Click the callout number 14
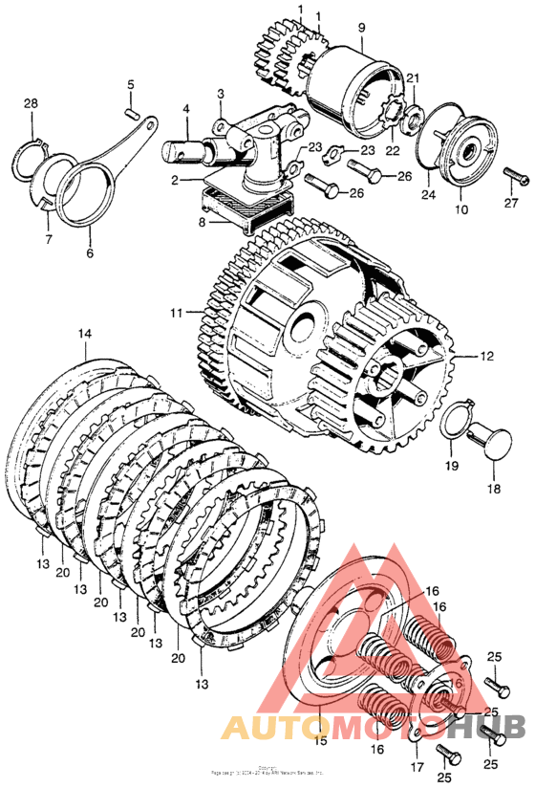[x=85, y=334]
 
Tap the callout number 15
[x=320, y=740]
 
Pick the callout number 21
[x=414, y=78]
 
